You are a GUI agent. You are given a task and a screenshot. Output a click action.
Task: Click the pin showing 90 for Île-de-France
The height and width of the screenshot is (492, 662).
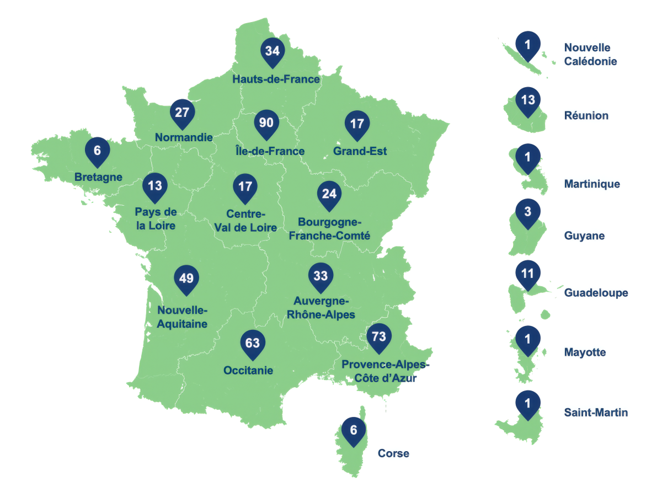click(x=266, y=124)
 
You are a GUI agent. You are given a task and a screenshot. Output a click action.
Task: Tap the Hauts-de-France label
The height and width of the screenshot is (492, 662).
click(x=276, y=79)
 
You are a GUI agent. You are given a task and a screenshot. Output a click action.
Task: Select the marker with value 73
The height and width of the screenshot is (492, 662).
click(x=378, y=336)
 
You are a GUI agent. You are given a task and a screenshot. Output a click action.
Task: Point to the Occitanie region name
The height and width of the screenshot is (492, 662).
click(x=248, y=371)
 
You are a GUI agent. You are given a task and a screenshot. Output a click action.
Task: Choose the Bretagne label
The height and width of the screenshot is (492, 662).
click(x=98, y=177)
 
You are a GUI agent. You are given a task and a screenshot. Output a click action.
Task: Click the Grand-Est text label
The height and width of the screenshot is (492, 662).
click(x=360, y=151)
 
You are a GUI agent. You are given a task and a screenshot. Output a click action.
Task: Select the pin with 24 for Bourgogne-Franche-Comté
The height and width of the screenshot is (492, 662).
click(x=329, y=195)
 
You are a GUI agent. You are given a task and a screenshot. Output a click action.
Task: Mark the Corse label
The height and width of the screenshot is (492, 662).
click(x=393, y=454)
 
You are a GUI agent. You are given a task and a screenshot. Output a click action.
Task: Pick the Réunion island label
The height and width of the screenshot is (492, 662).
click(x=586, y=116)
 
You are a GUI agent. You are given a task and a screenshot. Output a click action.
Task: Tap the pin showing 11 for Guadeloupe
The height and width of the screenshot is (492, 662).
click(x=528, y=274)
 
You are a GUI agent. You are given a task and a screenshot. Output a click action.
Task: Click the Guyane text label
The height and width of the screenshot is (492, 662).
click(x=584, y=236)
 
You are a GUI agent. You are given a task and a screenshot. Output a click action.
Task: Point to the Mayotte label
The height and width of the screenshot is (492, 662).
click(x=585, y=352)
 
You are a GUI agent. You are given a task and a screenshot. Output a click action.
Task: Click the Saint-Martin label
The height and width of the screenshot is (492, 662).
click(x=596, y=413)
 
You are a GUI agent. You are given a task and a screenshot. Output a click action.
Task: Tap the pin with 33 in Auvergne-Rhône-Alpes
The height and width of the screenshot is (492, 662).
click(x=321, y=276)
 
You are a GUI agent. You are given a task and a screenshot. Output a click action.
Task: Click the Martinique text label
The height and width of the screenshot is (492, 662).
click(x=592, y=184)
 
